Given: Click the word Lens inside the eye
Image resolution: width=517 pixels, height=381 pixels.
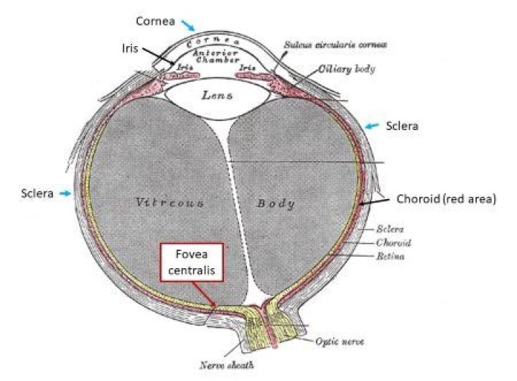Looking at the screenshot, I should coord(217,94).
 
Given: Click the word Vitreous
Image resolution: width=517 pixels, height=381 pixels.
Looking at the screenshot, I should coord(170,203).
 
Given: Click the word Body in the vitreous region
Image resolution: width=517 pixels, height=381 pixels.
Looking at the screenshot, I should coord(276,204).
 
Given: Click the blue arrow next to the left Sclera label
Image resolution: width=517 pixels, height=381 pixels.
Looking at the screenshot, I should coord(65,193).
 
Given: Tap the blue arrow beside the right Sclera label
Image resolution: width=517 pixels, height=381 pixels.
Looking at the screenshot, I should coord(372,127).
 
